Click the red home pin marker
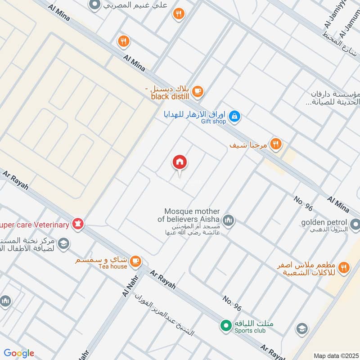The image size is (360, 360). pyautogui.click(x=180, y=162)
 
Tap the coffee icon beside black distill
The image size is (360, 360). pyautogui.click(x=198, y=91)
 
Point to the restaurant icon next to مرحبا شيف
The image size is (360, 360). pyautogui.click(x=276, y=144)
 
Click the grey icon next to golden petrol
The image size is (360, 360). pyautogui.click(x=355, y=224)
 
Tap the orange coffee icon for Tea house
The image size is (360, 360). pyautogui.click(x=135, y=261)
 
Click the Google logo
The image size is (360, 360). pyautogui.click(x=19, y=353)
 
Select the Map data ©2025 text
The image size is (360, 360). pyautogui.click(x=335, y=355)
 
